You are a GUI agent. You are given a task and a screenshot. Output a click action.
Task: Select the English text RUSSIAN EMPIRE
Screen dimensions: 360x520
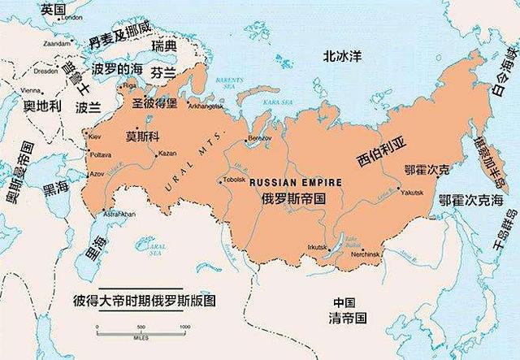click(x=290, y=182)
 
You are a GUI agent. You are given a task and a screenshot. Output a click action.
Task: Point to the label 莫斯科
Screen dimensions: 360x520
click(x=143, y=135)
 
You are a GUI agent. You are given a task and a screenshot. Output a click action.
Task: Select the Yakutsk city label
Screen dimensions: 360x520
click(x=411, y=193)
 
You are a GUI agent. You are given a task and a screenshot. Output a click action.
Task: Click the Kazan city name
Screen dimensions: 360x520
click(x=168, y=154)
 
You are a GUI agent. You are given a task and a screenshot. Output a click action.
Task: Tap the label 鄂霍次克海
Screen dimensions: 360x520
click(x=470, y=199)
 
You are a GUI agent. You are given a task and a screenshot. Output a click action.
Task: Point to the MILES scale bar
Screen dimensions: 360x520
click(x=142, y=327)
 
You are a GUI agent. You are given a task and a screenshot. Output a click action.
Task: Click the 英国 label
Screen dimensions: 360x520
click(x=54, y=9)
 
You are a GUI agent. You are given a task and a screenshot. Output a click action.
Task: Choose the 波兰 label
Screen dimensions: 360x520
click(x=88, y=106)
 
